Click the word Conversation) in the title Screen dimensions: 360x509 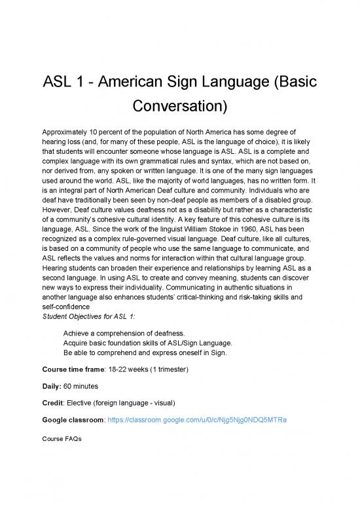[179, 105]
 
